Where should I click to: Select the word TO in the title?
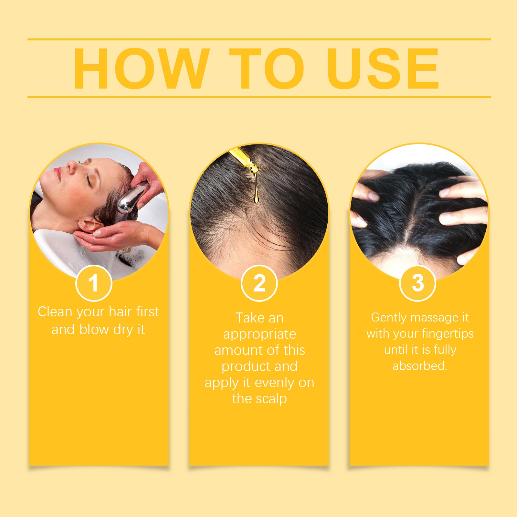click(x=267, y=69)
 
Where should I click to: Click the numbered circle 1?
click(x=94, y=283)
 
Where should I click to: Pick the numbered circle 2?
click(x=259, y=283)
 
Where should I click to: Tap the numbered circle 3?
click(x=417, y=283)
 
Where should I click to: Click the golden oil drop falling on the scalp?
click(x=256, y=197)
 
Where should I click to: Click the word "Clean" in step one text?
click(x=55, y=312)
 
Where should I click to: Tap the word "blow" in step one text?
click(x=94, y=330)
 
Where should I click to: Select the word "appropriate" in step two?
click(x=259, y=334)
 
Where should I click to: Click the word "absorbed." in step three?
click(x=420, y=366)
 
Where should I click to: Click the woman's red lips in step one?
click(x=58, y=174)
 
